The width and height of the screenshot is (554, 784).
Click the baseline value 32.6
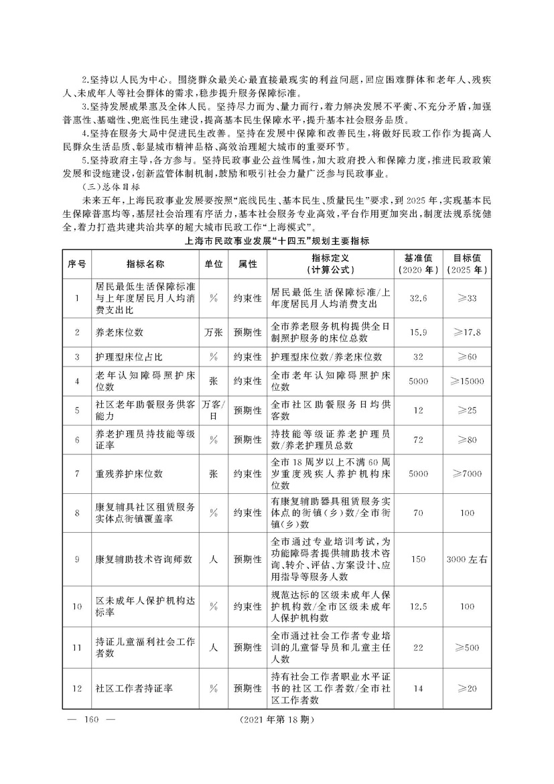tap(418, 298)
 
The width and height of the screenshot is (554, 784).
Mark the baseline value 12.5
tap(418, 606)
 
